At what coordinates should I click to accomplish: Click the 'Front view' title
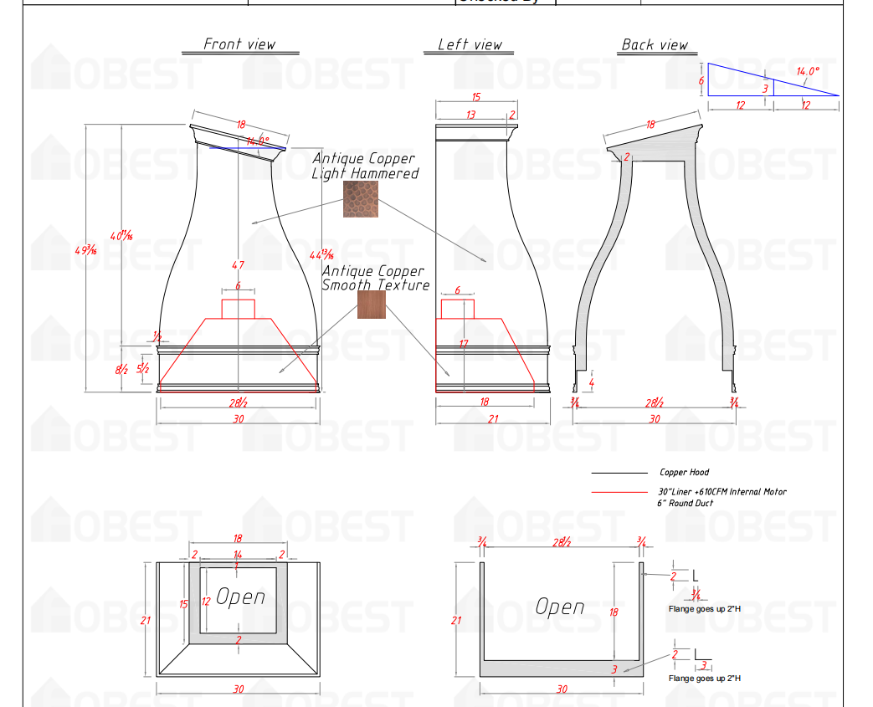pyautogui.click(x=239, y=44)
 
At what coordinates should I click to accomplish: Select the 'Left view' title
pyautogui.click(x=470, y=44)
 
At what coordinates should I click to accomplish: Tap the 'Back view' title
pyautogui.click(x=655, y=44)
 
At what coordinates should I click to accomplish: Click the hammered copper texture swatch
pyautogui.click(x=360, y=199)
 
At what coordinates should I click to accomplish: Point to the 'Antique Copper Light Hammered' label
pyautogui.click(x=365, y=166)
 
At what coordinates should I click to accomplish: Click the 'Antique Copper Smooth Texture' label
pyautogui.click(x=376, y=278)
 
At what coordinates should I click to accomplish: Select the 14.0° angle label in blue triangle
pyautogui.click(x=807, y=72)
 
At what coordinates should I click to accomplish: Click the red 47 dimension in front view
pyautogui.click(x=238, y=265)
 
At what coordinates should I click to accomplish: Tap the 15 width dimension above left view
pyautogui.click(x=475, y=98)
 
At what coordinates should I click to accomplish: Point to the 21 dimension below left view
pyautogui.click(x=492, y=418)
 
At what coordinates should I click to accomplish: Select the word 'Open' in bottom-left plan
pyautogui.click(x=240, y=597)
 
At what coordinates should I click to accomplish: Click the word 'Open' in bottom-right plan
pyautogui.click(x=559, y=607)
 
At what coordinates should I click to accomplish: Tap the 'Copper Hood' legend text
pyautogui.click(x=684, y=473)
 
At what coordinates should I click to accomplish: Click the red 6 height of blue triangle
pyautogui.click(x=701, y=80)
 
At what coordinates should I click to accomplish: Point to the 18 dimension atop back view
pyautogui.click(x=650, y=125)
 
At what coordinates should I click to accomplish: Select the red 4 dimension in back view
pyautogui.click(x=591, y=383)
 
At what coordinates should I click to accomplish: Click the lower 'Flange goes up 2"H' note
pyautogui.click(x=704, y=678)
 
